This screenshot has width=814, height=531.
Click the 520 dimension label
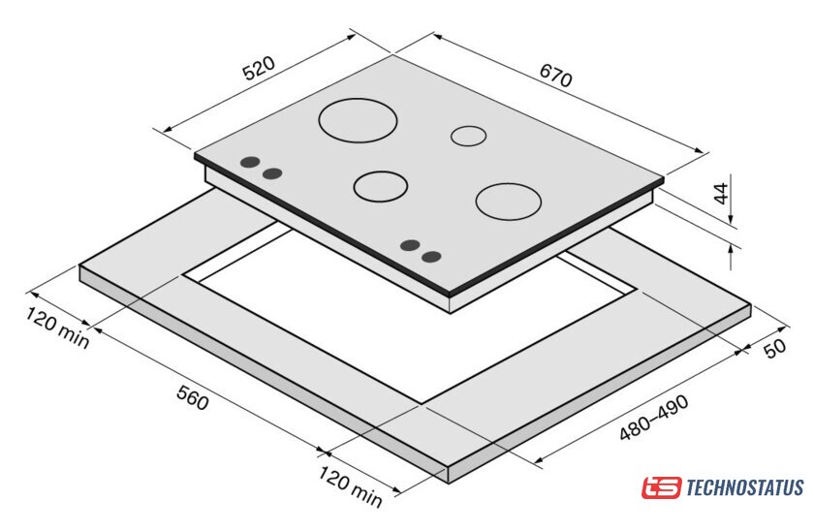(x=259, y=68)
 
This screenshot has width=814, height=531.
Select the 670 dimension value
(x=556, y=76)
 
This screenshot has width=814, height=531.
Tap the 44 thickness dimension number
(x=722, y=193)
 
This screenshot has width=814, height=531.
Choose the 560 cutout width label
(x=193, y=397)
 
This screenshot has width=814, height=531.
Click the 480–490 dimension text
(x=654, y=418)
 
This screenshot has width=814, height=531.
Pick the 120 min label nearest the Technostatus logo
(x=351, y=486)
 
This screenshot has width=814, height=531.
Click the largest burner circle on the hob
(x=358, y=99)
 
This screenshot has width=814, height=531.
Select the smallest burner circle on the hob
(x=468, y=126)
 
